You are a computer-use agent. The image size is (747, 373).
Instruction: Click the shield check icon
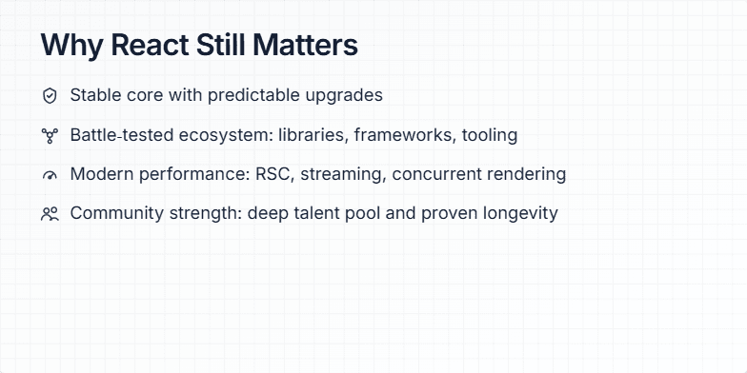50,96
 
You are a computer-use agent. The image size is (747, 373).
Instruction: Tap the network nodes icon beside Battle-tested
50,135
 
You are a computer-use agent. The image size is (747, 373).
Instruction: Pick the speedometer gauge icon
50,175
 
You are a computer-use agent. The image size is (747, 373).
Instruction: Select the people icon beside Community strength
50,214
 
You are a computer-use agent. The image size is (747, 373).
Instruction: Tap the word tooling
490,135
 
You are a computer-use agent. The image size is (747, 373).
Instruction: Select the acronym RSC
274,174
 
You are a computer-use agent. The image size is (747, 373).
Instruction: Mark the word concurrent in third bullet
435,174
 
